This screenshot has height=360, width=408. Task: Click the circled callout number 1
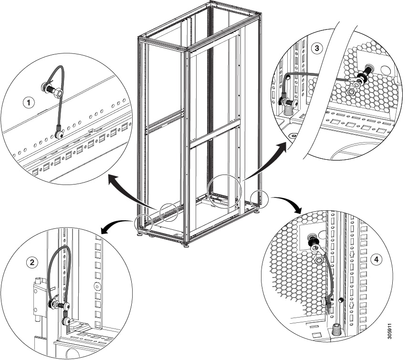(30, 102)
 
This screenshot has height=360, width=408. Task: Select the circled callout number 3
(316, 48)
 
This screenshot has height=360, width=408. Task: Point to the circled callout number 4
(377, 259)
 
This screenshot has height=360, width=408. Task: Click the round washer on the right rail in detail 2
(97, 287)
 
